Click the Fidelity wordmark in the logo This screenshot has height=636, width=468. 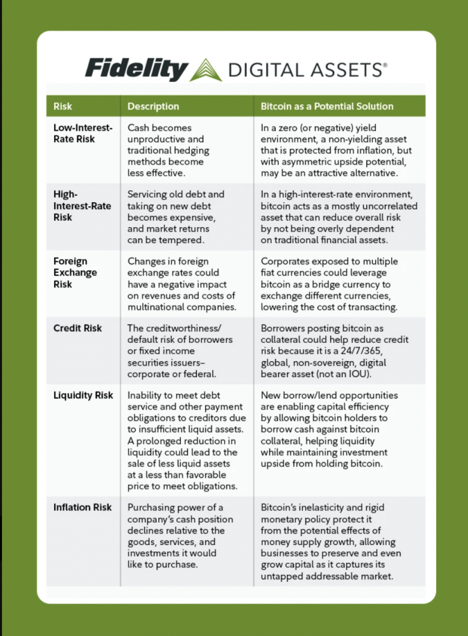tap(136, 68)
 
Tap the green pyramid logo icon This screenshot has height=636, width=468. tap(206, 69)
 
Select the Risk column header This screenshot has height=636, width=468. tap(63, 106)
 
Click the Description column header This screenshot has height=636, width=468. tap(153, 106)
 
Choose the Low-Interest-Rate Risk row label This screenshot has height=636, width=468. tap(83, 134)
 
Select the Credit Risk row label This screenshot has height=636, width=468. tap(77, 328)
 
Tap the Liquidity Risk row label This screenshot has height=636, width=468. tap(83, 395)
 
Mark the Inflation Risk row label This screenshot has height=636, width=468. tap(82, 507)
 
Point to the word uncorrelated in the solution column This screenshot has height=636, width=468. tap(389, 206)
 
